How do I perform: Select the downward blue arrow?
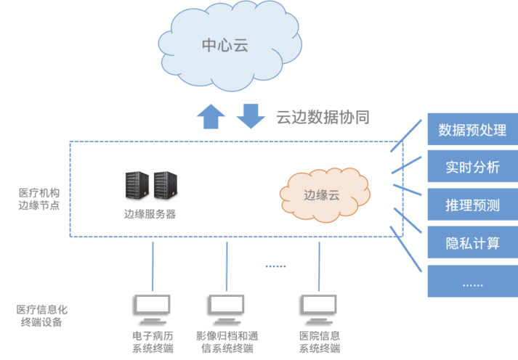[251, 116]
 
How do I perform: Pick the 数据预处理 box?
[472, 131]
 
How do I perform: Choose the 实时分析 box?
[472, 168]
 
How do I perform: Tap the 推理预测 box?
[472, 205]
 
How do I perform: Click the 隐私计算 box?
[472, 243]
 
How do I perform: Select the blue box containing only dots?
[472, 281]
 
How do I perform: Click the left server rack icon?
[137, 185]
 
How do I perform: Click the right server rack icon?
[165, 185]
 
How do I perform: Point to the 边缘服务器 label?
[150, 214]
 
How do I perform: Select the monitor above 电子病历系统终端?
[153, 308]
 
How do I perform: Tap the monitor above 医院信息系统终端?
[320, 308]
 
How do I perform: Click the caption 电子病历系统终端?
[153, 342]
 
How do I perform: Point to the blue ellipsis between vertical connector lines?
[275, 266]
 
